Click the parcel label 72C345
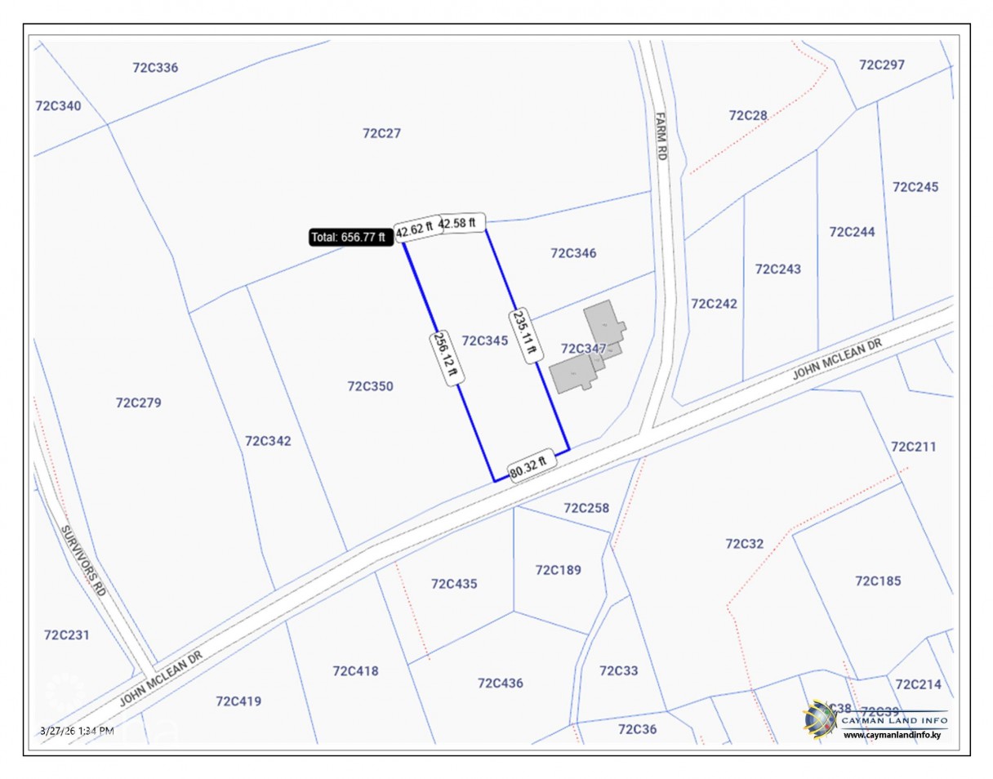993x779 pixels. point(485,341)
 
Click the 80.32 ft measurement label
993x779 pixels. point(532,468)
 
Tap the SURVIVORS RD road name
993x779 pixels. point(84,560)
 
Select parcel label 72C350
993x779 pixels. point(370,386)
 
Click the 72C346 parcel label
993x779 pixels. point(573,253)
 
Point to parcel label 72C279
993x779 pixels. point(139,403)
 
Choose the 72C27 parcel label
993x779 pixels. point(381,133)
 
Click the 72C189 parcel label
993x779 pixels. point(559,570)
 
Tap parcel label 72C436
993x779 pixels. point(501,683)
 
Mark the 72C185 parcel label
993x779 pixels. point(878,581)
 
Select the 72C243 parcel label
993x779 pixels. point(778,269)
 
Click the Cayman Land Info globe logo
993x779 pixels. point(820,719)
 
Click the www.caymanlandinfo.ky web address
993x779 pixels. point(892,735)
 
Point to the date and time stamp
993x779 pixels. point(77,730)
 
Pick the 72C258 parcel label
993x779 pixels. point(586,508)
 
